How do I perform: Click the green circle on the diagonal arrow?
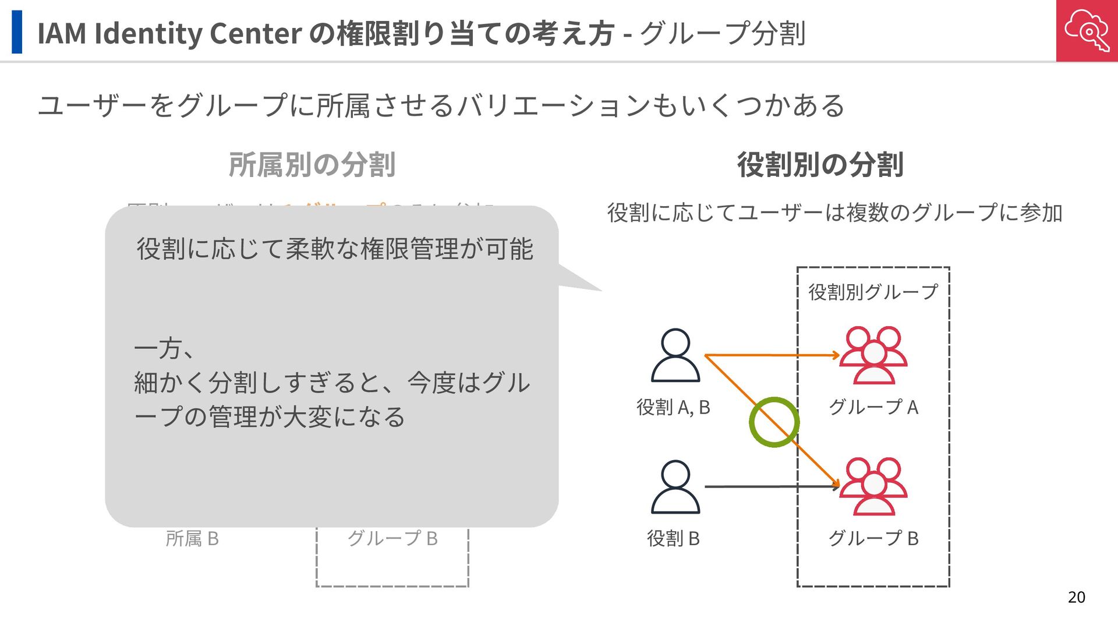pos(774,422)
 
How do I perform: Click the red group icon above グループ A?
pos(873,355)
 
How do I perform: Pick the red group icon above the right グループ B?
pos(873,486)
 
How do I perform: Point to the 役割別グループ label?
pos(873,292)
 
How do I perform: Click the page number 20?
pos(1076,597)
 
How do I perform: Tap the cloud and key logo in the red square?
pos(1087,30)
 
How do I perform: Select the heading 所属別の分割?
pos(312,165)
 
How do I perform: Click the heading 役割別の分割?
pos(820,165)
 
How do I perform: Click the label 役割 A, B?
pos(673,407)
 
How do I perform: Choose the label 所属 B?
pos(192,539)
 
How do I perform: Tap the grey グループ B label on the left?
pos(392,539)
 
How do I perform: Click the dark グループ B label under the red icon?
pos(873,539)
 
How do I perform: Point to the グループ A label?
pos(873,407)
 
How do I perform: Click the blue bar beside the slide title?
pos(17,32)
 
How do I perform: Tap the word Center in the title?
pos(255,33)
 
